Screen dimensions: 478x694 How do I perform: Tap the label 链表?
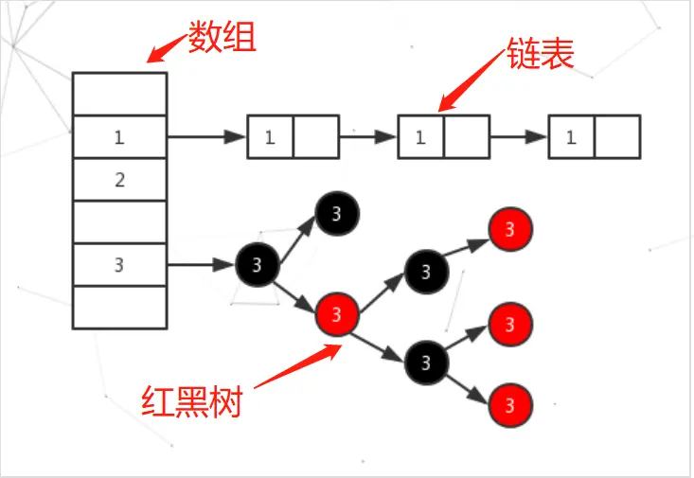[x=543, y=54]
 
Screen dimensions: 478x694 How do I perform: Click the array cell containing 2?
[x=119, y=180]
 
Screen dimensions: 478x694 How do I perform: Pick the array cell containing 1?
[x=119, y=137]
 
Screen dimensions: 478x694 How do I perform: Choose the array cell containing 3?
[x=119, y=265]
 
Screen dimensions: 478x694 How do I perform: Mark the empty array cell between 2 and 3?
[x=119, y=222]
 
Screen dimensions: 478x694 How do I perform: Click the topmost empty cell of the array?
[x=119, y=95]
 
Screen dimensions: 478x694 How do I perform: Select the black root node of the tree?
[x=257, y=264]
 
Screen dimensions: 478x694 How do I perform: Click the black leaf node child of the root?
[x=336, y=214]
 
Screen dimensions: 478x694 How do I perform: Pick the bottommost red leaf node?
[x=510, y=407]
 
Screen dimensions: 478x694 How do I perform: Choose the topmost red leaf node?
[x=510, y=229]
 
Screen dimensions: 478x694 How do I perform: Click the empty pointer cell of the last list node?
[x=617, y=137]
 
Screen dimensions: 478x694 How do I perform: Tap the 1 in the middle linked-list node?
[x=419, y=137]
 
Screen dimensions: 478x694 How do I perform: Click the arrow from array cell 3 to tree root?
[x=201, y=265]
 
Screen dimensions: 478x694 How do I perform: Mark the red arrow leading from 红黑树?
[x=294, y=366]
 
